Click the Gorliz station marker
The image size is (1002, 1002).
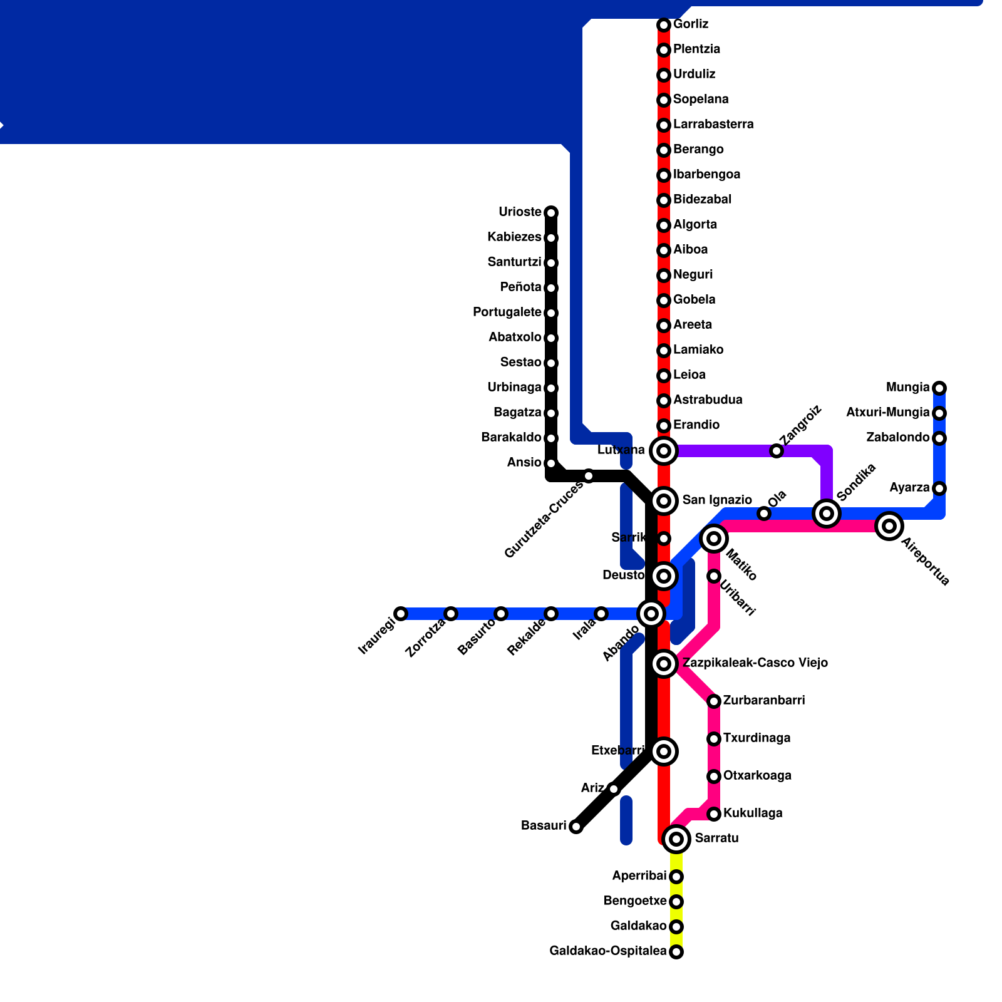[x=664, y=25]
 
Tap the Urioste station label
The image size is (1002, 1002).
[x=520, y=212]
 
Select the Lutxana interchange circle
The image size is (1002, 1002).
[x=664, y=450]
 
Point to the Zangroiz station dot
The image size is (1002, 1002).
[x=777, y=451]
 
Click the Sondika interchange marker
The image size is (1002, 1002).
[x=827, y=514]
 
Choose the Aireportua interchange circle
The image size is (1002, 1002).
[x=889, y=526]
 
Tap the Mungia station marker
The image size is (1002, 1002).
[x=939, y=388]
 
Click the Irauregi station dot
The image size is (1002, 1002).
[x=401, y=614]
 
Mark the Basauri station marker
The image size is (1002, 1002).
[x=576, y=827]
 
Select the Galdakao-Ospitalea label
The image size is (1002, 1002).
[x=607, y=951]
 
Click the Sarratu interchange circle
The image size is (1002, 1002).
[x=676, y=839]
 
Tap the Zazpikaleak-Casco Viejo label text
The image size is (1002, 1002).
[x=755, y=663]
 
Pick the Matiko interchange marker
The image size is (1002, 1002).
[x=714, y=539]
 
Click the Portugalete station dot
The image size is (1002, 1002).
[x=551, y=313]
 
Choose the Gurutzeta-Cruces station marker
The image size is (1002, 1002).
[x=589, y=476]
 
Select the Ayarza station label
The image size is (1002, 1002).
[x=909, y=488]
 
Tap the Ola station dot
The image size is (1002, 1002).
[x=764, y=514]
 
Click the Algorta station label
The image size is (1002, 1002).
[x=695, y=225]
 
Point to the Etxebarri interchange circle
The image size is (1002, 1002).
[x=664, y=751]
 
